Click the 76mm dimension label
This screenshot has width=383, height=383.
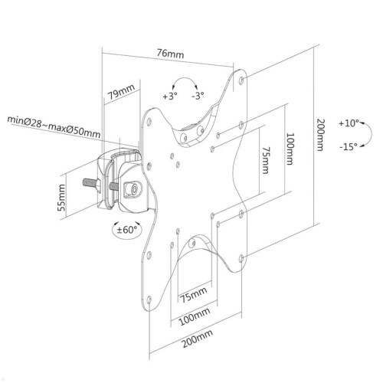click(170, 54)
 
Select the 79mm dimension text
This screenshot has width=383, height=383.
click(121, 92)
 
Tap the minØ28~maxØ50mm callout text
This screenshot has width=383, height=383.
click(54, 127)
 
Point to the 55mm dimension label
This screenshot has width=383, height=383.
click(61, 198)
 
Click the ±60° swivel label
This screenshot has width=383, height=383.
click(126, 230)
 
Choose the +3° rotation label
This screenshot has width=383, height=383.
click(170, 97)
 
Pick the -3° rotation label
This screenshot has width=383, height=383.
click(198, 96)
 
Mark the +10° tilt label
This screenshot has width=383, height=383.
click(349, 123)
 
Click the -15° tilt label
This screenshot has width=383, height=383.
click(349, 147)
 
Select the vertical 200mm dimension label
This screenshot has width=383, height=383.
click(320, 135)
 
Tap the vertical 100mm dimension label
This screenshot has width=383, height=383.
click(290, 149)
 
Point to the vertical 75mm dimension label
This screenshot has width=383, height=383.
click(266, 160)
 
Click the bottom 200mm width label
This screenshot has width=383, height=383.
click(198, 339)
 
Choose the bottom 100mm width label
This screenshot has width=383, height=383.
click(195, 316)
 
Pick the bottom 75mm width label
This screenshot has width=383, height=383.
click(193, 295)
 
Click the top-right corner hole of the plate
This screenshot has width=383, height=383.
click(242, 80)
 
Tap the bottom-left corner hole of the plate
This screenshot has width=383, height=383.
click(149, 300)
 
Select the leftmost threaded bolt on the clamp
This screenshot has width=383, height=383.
click(90, 182)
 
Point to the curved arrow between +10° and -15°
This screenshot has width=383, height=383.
click(370, 134)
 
